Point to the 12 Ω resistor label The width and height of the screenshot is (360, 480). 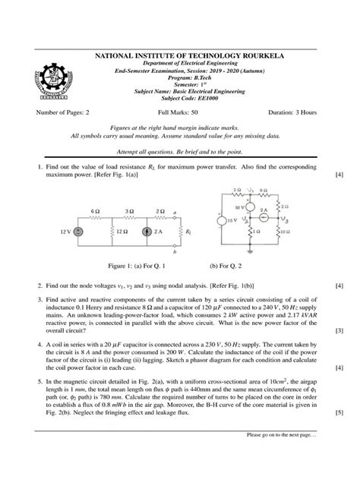click(x=115, y=231)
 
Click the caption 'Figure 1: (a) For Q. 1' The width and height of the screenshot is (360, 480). click(x=116, y=267)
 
